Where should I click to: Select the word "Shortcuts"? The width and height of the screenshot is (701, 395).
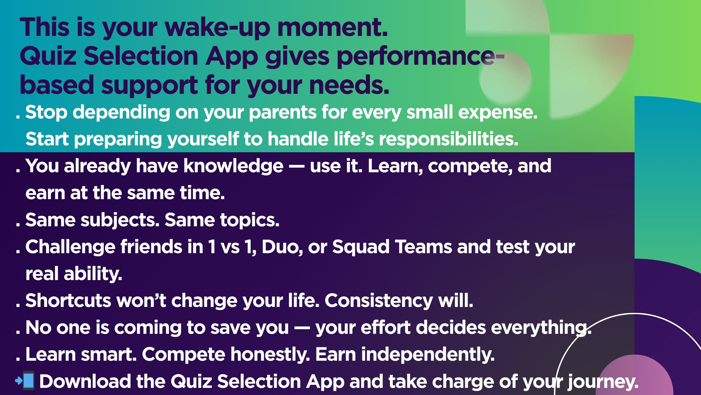[x=68, y=301]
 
